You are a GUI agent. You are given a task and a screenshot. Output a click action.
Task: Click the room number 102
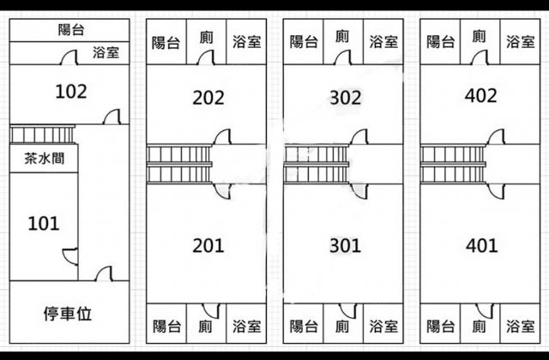click(70, 91)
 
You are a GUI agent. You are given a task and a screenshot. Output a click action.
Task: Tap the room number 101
click(43, 224)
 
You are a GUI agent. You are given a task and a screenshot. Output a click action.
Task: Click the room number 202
click(208, 98)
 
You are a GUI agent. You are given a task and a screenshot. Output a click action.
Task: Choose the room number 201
click(208, 246)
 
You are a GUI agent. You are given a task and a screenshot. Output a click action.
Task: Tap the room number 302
click(345, 98)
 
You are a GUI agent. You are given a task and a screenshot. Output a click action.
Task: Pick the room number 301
click(345, 246)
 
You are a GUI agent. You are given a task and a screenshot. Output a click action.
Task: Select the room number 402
click(480, 96)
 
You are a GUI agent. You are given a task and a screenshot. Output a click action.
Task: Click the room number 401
click(481, 246)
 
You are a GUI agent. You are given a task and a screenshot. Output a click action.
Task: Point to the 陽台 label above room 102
click(70, 30)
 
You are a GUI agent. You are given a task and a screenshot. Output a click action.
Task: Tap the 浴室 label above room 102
click(106, 53)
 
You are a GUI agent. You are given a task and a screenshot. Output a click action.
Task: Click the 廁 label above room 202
click(206, 38)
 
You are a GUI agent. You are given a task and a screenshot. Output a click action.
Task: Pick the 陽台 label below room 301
click(304, 326)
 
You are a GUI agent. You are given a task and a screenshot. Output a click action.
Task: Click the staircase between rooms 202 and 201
click(178, 165)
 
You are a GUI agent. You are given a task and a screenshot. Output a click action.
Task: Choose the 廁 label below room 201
click(205, 326)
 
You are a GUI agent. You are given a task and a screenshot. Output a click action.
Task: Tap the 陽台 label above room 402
click(440, 42)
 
